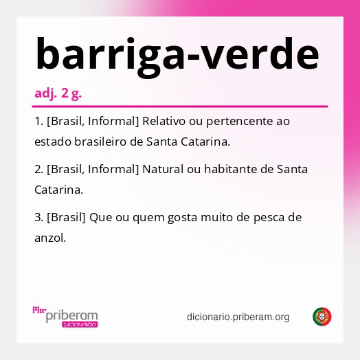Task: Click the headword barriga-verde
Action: click(x=177, y=54)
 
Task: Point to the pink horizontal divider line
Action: click(x=180, y=106)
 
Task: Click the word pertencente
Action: click(x=238, y=122)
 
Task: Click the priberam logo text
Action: click(x=71, y=315)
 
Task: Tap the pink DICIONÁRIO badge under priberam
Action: click(x=80, y=324)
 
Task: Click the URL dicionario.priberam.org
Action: click(x=238, y=317)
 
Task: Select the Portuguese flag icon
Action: click(x=322, y=316)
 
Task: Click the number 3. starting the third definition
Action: click(x=38, y=217)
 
